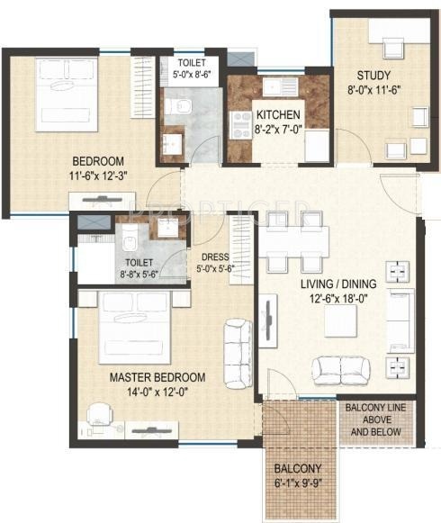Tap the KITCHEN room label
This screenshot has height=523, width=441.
[x=279, y=115]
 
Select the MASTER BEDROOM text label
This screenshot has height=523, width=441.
[x=157, y=376]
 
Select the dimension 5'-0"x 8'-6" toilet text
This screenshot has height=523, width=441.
[x=192, y=77]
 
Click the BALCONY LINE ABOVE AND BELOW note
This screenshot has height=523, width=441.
[x=378, y=419]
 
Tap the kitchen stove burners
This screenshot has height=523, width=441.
[x=243, y=124]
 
